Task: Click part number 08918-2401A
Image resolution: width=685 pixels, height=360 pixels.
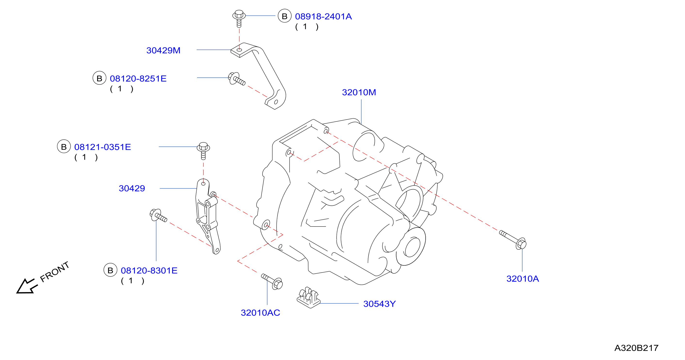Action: (x=323, y=16)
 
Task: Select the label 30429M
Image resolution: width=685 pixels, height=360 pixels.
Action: (x=163, y=50)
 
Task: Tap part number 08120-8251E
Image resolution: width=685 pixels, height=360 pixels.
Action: (x=138, y=78)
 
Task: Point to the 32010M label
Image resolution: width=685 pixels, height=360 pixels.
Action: (x=359, y=92)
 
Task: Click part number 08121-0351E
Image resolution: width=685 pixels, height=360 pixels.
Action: (x=102, y=147)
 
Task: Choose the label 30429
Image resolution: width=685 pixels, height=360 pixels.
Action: (x=132, y=188)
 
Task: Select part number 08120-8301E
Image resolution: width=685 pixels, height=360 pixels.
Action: (x=149, y=270)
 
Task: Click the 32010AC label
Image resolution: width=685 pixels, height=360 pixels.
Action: (x=260, y=313)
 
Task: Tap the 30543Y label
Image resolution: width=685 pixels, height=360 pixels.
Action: (x=380, y=304)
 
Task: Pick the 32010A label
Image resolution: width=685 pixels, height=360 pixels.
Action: (x=522, y=279)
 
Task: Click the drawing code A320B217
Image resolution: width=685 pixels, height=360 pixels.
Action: (x=636, y=348)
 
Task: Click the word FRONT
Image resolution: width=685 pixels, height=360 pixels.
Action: (x=55, y=271)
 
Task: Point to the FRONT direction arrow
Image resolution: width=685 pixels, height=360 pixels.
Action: (x=27, y=286)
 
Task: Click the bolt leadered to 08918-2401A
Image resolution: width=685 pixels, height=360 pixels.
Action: (x=239, y=18)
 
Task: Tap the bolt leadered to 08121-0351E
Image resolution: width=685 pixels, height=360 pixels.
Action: (x=203, y=150)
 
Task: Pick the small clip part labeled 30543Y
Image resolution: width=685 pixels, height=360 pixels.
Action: (x=308, y=297)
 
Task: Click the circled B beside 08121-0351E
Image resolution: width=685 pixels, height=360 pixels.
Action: (x=64, y=147)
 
